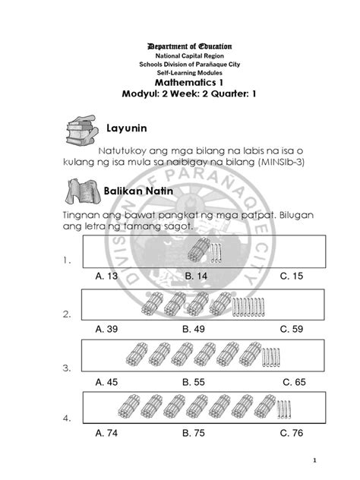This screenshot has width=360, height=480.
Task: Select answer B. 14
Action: [195, 277]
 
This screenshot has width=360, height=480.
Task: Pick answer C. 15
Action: [292, 277]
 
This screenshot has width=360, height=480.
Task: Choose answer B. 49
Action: [195, 330]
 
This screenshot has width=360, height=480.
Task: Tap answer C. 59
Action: [292, 330]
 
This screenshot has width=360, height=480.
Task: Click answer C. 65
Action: [292, 382]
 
